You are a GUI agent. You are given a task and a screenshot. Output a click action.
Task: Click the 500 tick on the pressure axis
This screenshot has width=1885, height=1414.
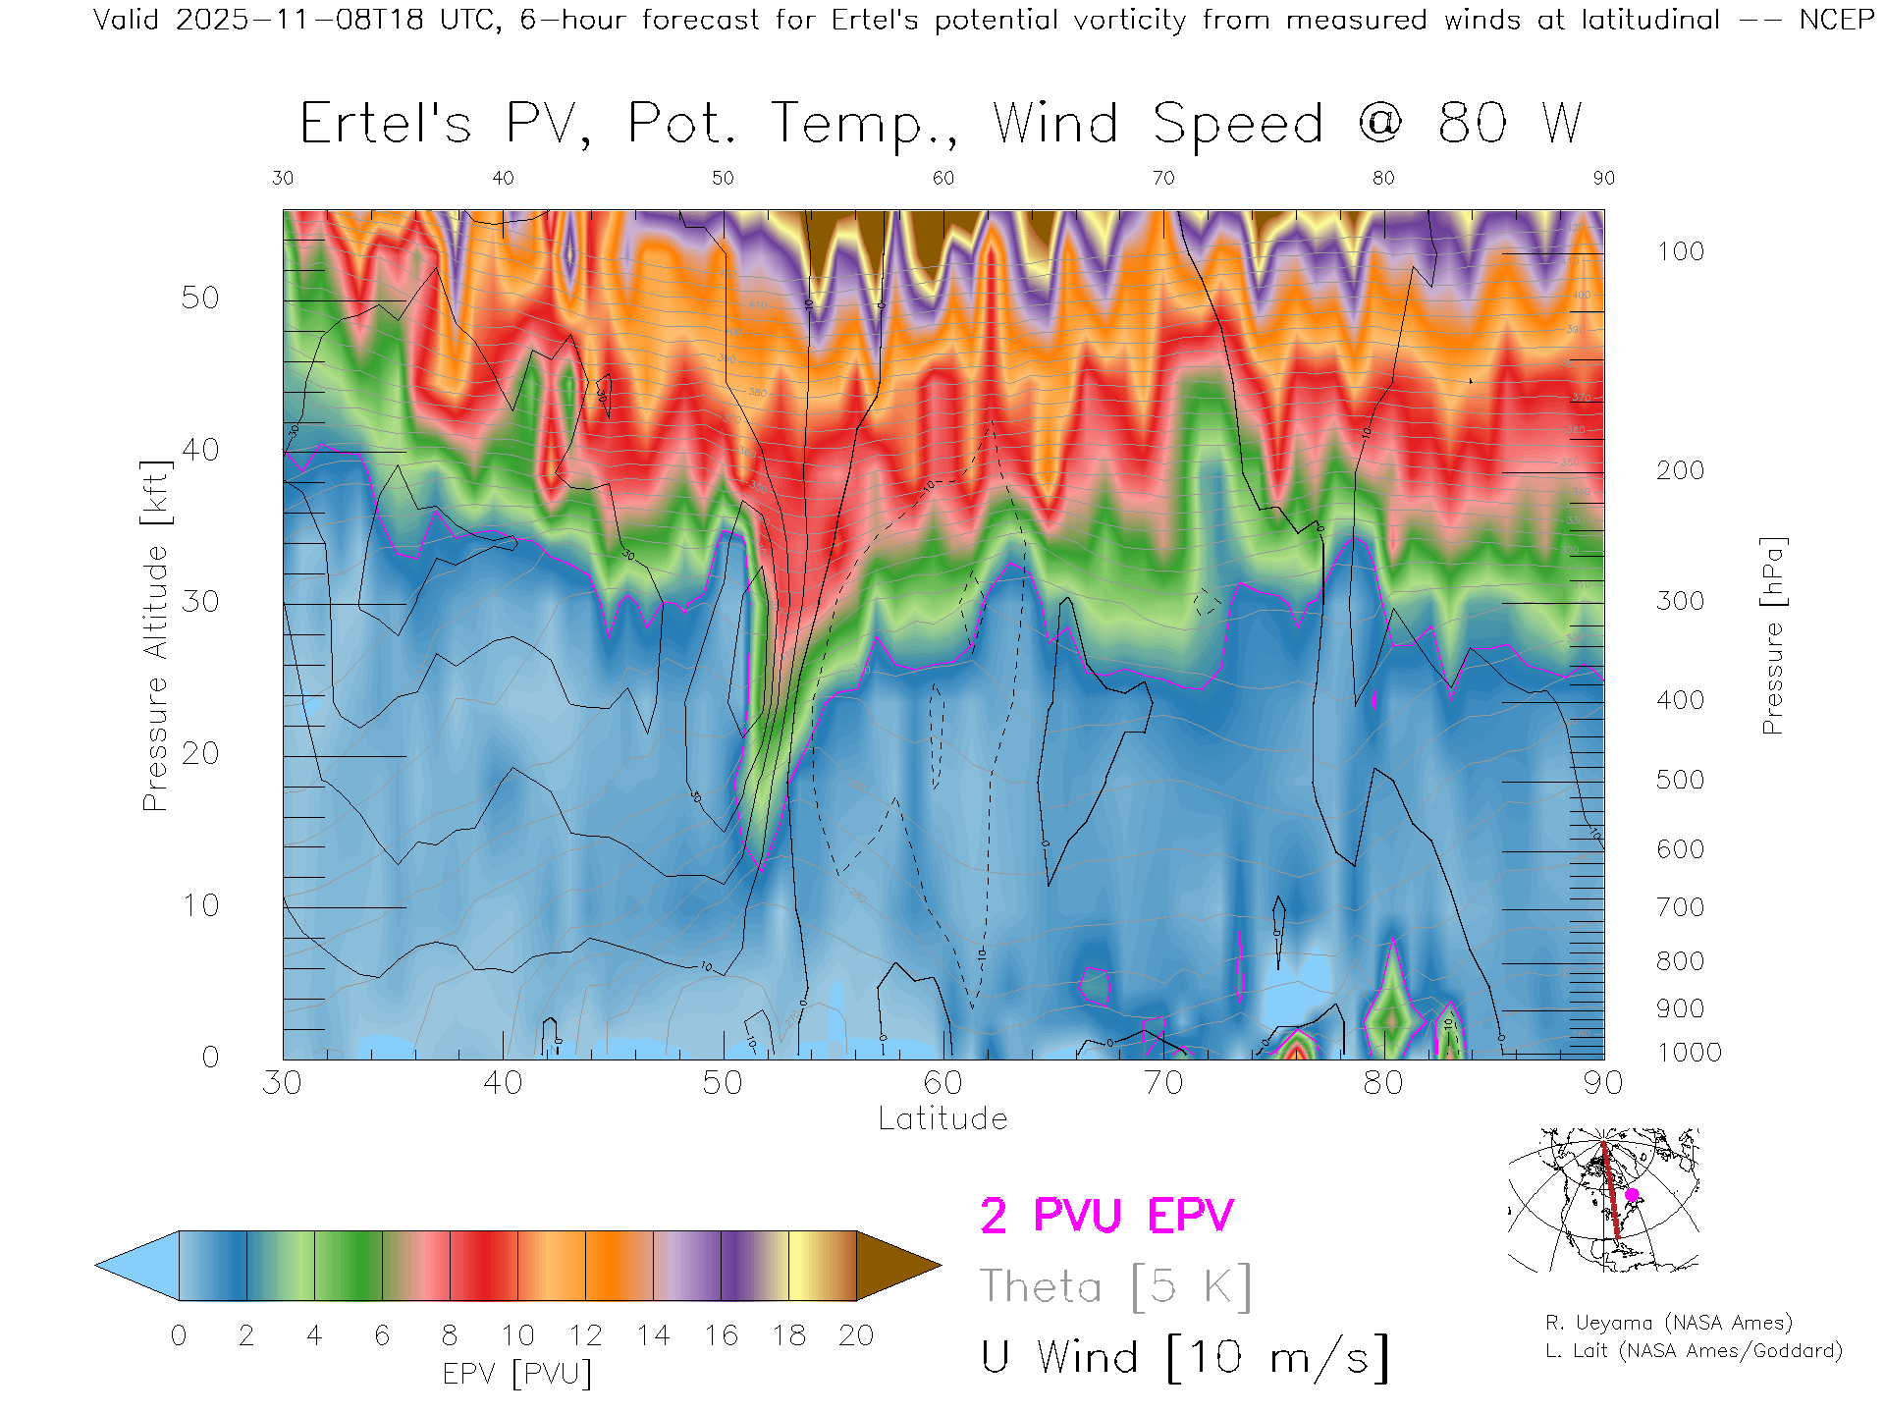pyautogui.click(x=1681, y=780)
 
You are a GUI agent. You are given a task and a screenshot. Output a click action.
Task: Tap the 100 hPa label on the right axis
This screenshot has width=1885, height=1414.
pyautogui.click(x=1681, y=251)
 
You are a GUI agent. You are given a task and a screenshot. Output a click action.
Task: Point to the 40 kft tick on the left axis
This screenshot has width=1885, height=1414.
pyautogui.click(x=200, y=451)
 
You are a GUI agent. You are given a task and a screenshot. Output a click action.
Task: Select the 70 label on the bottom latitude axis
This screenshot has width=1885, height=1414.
pyautogui.click(x=1163, y=1083)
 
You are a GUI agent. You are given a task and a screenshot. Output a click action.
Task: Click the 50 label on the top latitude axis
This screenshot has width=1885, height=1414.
pyautogui.click(x=723, y=178)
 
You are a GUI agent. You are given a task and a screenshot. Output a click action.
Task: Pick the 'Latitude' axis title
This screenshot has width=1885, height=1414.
pyautogui.click(x=942, y=1118)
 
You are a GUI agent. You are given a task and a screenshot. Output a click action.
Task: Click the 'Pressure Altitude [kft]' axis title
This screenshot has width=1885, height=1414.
pyautogui.click(x=155, y=635)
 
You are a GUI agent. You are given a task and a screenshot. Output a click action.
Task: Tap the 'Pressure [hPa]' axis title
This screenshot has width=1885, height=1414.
pyautogui.click(x=1772, y=635)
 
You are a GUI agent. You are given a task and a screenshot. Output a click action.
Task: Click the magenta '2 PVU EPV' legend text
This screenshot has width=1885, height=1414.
pyautogui.click(x=1106, y=1216)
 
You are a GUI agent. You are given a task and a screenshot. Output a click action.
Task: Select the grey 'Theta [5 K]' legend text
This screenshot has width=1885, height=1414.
pyautogui.click(x=1115, y=1286)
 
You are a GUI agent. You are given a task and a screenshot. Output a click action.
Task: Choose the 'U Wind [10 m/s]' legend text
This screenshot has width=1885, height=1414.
pyautogui.click(x=1184, y=1357)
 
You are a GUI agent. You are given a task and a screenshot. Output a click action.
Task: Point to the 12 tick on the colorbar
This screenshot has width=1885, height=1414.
pyautogui.click(x=586, y=1335)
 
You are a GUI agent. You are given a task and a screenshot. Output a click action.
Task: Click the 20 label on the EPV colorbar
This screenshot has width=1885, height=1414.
pyautogui.click(x=856, y=1335)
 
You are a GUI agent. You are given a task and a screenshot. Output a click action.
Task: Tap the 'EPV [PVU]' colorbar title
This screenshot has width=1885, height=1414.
pyautogui.click(x=517, y=1374)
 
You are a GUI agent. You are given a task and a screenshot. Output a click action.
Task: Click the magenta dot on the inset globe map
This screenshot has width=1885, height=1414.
pyautogui.click(x=1632, y=1195)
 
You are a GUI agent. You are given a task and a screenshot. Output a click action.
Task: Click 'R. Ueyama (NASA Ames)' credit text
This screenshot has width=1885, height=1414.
pyautogui.click(x=1669, y=1323)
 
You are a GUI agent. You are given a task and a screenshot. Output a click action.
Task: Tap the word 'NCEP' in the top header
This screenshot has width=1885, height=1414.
pyautogui.click(x=1837, y=20)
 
